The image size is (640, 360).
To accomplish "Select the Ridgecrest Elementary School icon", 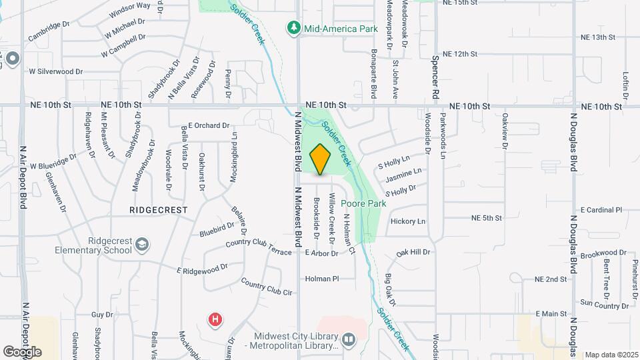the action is coord(141,246).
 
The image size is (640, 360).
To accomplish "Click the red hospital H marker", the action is coord(215,320).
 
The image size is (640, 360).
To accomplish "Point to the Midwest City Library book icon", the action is coord(348,341).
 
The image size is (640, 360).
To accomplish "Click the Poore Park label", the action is coord(363,203).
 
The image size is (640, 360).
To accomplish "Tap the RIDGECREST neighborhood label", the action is coord(159,209).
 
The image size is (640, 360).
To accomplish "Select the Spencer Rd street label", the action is coord(436,79).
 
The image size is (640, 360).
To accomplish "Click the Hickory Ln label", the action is coord(408,221).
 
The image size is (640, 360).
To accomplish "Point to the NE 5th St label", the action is coord(486,218).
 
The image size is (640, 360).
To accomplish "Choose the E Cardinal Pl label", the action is coord(601,209).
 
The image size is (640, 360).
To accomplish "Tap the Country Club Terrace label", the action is coord(259,247).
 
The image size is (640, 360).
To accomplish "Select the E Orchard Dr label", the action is coord(209,125).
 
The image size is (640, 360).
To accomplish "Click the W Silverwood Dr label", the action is coord(55,71).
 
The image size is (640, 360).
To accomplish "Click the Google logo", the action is coord(22,351).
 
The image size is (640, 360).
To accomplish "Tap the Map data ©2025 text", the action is coord(611,355).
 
